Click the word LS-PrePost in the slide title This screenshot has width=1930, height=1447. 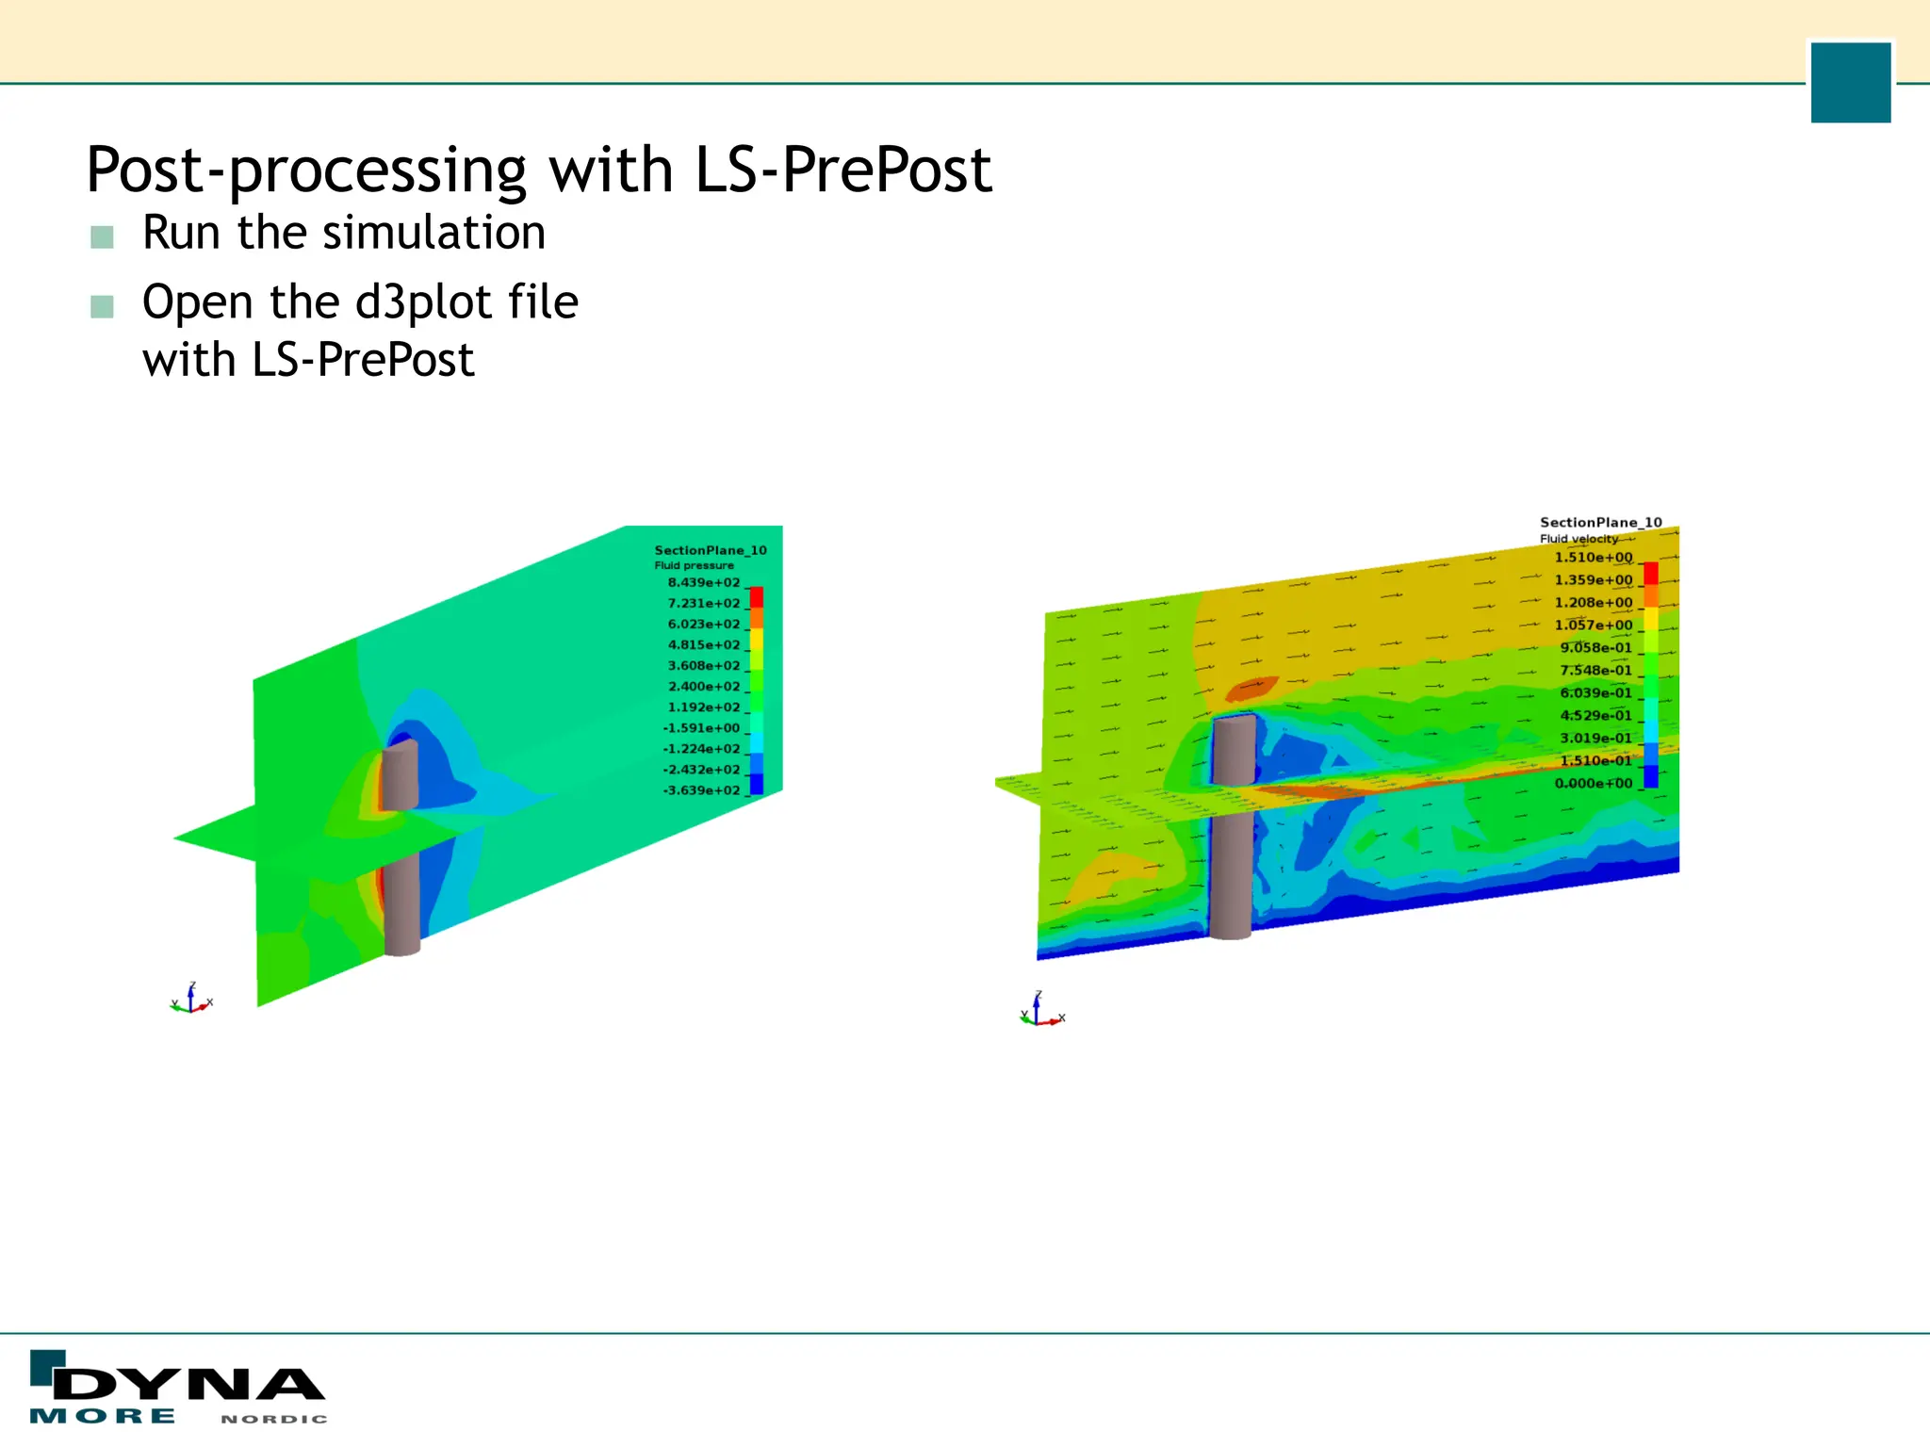(x=843, y=171)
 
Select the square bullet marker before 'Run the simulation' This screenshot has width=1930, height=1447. (x=102, y=236)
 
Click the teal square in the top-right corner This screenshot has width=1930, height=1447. (x=1850, y=82)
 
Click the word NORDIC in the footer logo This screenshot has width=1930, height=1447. (x=274, y=1419)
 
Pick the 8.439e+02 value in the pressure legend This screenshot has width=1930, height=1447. (x=704, y=583)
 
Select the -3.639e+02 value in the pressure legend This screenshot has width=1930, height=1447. (x=702, y=790)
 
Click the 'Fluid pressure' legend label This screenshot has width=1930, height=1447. (x=694, y=565)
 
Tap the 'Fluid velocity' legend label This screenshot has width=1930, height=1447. (x=1578, y=539)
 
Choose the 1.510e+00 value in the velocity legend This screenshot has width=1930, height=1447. (x=1593, y=558)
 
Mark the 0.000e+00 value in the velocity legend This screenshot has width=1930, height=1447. (x=1593, y=784)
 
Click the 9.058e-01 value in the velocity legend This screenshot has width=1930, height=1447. (x=1595, y=648)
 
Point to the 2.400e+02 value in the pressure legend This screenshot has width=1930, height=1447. (x=704, y=687)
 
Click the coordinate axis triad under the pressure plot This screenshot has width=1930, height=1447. (x=191, y=1000)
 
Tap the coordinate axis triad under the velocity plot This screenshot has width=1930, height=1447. (x=1040, y=1012)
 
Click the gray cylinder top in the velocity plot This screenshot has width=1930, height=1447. (x=1234, y=723)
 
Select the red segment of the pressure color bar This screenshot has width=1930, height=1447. (x=756, y=596)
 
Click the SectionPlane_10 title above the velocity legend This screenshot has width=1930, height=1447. (x=1600, y=522)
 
